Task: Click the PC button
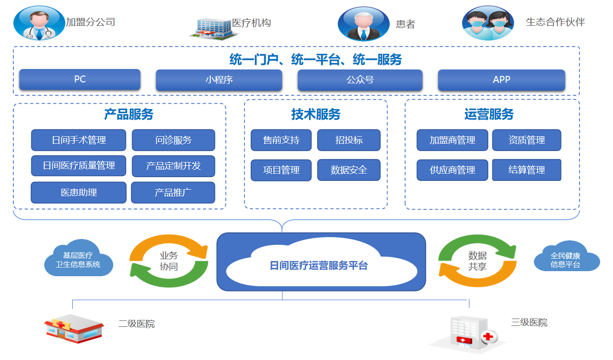pos(80,80)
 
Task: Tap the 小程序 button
pos(219,80)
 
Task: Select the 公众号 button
pos(360,80)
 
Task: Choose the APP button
pos(501,80)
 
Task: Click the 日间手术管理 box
pos(79,140)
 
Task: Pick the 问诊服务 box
pos(173,140)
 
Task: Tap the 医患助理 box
pos(79,192)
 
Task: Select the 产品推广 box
pos(173,192)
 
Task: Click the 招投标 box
pos(349,140)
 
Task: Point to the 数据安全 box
pos(349,170)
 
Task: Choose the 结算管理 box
pos(526,170)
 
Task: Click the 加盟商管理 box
pos(452,140)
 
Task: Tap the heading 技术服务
pos(316,114)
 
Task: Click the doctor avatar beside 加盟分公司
pos(39,23)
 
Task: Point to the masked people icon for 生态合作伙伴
pos(488,23)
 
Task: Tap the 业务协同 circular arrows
pos(168,261)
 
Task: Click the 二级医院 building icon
pos(74,328)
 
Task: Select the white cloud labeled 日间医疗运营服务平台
pos(318,266)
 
